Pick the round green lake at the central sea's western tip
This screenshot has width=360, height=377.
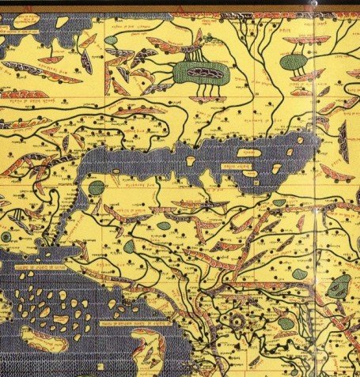[96, 188]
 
